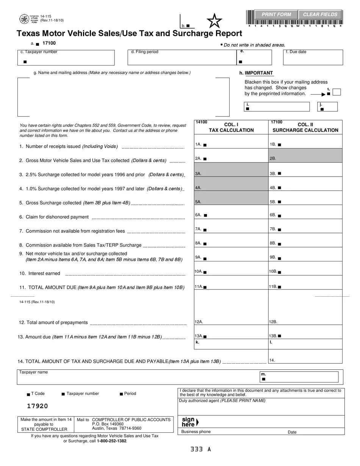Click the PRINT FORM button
[x=276, y=14]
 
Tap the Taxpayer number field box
[x=66, y=58]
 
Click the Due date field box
[x=313, y=58]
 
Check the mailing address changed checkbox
[x=337, y=92]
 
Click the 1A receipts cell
[x=231, y=145]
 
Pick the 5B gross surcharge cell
[x=305, y=202]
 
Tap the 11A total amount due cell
[x=231, y=287]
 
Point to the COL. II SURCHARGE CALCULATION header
[x=305, y=127]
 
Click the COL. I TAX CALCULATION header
[x=231, y=127]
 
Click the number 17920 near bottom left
[x=38, y=406]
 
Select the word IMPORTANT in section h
[x=258, y=73]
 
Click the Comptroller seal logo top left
[x=24, y=19]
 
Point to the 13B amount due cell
[x=305, y=336]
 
